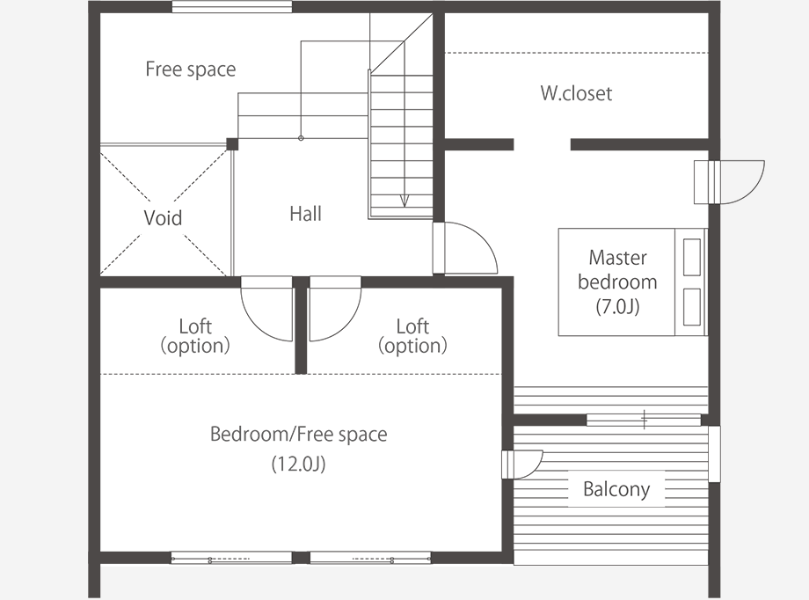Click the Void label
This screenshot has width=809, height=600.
[x=163, y=218]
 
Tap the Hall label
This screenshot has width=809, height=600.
[x=305, y=214]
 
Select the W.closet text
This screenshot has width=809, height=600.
[x=576, y=93]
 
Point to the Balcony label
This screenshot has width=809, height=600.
[x=616, y=489]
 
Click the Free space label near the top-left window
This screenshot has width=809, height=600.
[x=191, y=70]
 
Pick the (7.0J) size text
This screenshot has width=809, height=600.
[x=617, y=307]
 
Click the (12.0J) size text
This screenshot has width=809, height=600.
[x=298, y=464]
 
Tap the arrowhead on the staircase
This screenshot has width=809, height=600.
[x=404, y=201]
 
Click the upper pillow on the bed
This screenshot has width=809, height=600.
[x=692, y=257]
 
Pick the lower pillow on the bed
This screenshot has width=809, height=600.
[x=692, y=307]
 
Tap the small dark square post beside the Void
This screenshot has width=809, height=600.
[x=232, y=144]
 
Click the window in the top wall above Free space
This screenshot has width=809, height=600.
[x=231, y=7]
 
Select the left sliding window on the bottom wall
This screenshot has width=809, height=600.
[x=231, y=558]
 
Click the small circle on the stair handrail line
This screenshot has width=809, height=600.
[x=301, y=138]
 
